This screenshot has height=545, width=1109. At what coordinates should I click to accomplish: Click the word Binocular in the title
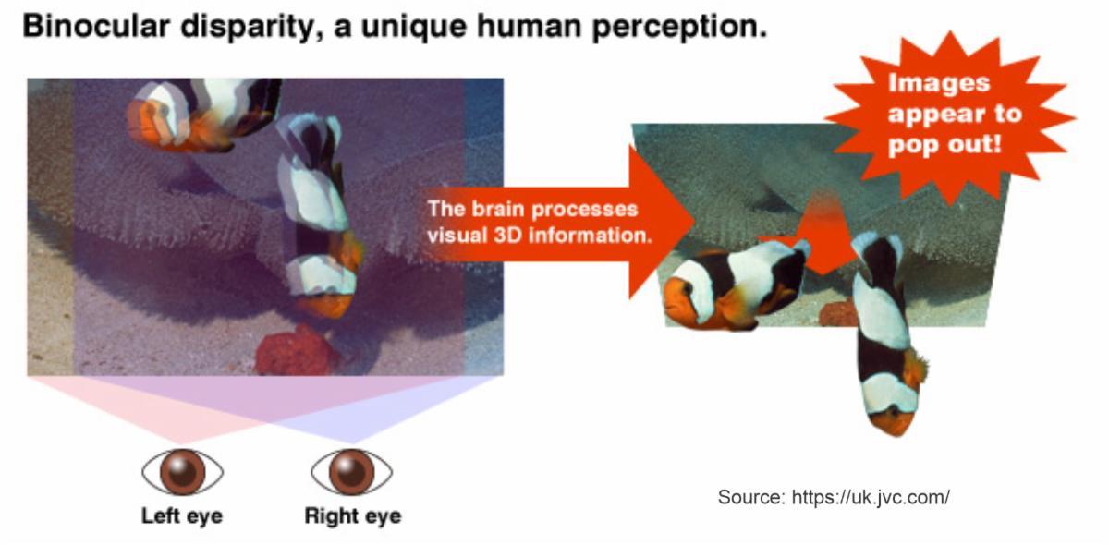point(96,26)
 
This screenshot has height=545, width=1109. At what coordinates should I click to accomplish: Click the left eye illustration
point(183,472)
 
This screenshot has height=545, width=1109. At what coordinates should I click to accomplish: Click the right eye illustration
point(351,472)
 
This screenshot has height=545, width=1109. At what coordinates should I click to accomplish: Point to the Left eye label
point(182,516)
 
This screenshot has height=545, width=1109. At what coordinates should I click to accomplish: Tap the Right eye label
point(353,516)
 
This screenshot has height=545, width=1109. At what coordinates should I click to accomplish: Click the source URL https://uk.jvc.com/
point(871,497)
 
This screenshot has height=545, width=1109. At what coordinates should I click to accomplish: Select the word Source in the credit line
point(751,496)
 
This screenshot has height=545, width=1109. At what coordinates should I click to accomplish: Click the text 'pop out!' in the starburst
point(944,145)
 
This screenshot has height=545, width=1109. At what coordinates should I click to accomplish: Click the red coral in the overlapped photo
point(296,350)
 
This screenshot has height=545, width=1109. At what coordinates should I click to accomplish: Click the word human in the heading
point(530,27)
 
